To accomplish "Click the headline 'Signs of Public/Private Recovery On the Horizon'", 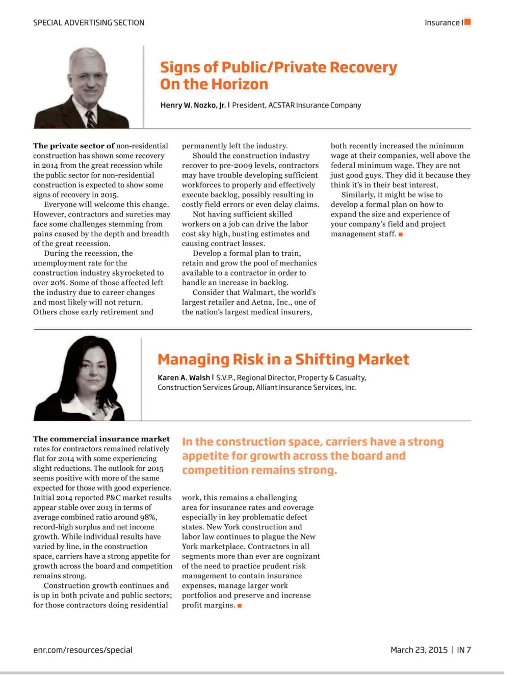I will click(x=278, y=75).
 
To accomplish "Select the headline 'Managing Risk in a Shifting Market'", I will click(x=283, y=359).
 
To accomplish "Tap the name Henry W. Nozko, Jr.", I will click(x=193, y=105).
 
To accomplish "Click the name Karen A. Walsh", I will click(x=184, y=377).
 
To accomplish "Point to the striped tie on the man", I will click(x=91, y=119).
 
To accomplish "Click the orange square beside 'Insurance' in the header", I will click(x=467, y=22).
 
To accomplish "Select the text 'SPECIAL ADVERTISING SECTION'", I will click(x=89, y=22).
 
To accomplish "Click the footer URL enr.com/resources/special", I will click(x=83, y=650).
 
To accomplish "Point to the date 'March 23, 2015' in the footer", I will click(x=419, y=650).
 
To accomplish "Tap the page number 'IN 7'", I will click(x=463, y=650).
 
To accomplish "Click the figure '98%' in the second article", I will click(x=148, y=517).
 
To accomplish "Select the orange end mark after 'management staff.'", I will click(x=401, y=234).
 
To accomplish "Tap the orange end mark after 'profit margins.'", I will click(x=240, y=606).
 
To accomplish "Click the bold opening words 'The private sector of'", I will click(x=73, y=146).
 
